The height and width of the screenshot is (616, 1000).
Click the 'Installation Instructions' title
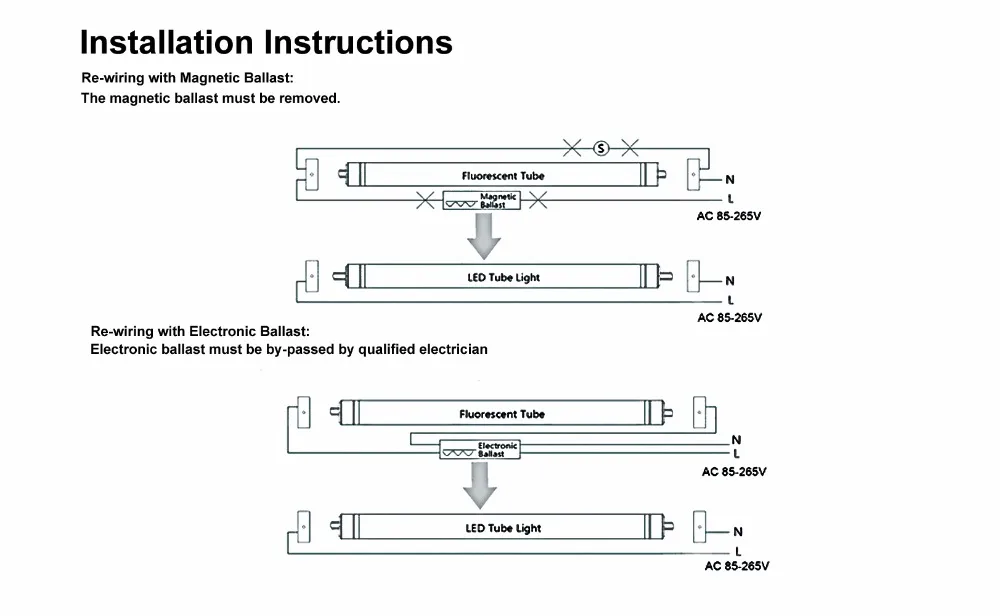266,43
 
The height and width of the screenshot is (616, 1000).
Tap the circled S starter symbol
601,149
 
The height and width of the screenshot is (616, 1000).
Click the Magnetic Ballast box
482,200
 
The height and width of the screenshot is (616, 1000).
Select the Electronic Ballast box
480,450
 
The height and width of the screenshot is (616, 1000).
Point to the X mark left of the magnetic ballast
425,200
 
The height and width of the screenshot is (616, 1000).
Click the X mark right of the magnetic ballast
538,200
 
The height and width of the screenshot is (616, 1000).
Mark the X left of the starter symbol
572,149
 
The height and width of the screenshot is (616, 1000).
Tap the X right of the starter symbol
630,149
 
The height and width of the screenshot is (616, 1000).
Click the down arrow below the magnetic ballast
483,236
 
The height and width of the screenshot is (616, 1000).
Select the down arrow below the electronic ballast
480,485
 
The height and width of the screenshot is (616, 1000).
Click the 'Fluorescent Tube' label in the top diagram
503,176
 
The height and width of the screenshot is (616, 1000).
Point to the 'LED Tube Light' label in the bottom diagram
503,528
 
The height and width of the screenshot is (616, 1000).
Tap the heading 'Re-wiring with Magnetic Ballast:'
188,78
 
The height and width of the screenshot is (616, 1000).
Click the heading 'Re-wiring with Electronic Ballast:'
200,331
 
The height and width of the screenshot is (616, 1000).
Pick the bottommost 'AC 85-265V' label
737,566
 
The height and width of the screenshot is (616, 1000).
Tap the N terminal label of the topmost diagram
730,180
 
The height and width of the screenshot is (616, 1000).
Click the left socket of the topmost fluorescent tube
312,175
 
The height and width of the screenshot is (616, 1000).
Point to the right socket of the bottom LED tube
700,527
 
